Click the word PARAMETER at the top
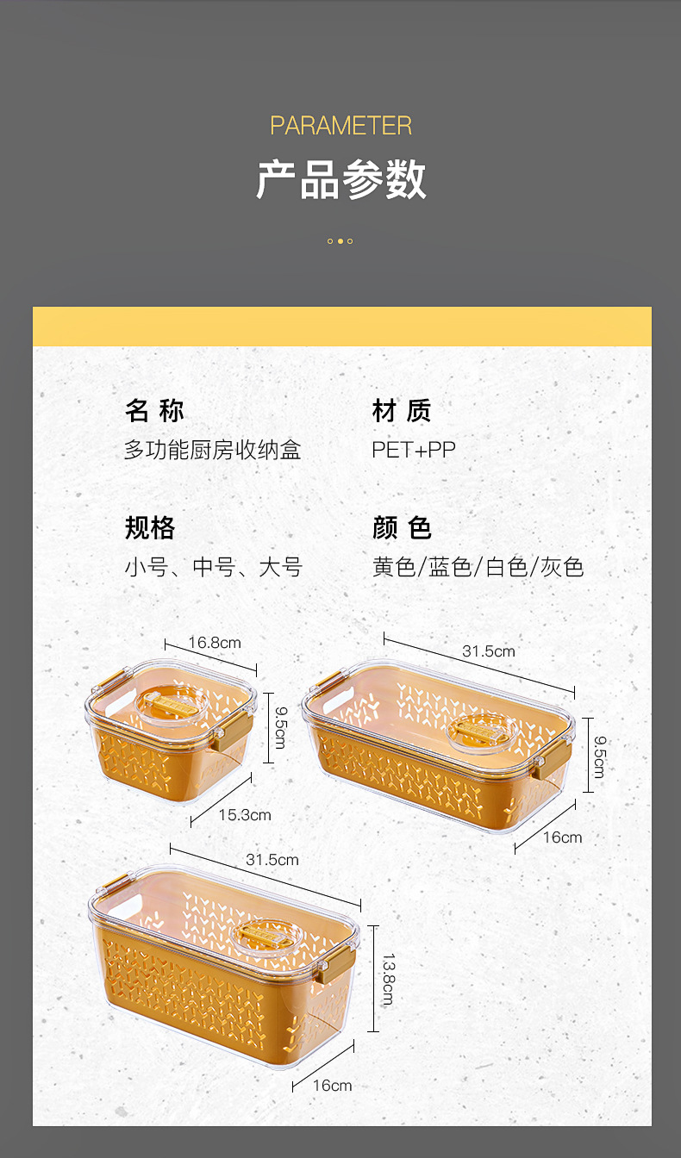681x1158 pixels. (340, 126)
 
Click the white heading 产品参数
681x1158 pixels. (341, 180)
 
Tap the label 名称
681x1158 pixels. (155, 411)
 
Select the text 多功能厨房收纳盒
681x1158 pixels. (212, 450)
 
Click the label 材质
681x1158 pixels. (402, 411)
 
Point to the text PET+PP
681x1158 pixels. (414, 450)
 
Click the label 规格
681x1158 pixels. (150, 527)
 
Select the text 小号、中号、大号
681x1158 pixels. (213, 567)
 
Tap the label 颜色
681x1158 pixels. (402, 527)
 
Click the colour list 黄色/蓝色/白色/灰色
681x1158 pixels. (478, 567)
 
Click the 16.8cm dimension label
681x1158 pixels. (215, 643)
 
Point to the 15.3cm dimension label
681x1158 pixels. (245, 815)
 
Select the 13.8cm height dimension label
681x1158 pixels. (388, 980)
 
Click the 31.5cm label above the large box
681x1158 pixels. (272, 860)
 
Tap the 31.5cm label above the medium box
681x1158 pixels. (489, 651)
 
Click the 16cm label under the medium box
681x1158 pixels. (563, 837)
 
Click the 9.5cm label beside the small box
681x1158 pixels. (279, 729)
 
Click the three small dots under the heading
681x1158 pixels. (340, 241)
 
